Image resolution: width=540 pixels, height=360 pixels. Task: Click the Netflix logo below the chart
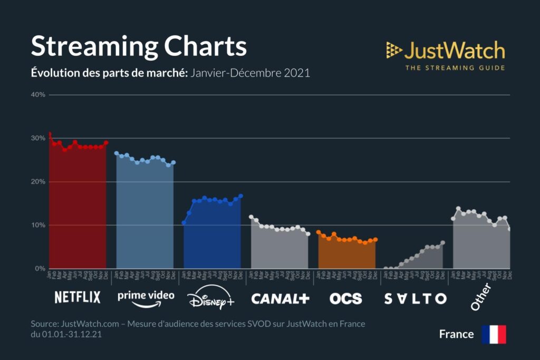[x=78, y=298]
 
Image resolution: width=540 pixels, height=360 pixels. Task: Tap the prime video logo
[x=146, y=298]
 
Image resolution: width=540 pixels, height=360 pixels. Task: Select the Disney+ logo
[x=211, y=299]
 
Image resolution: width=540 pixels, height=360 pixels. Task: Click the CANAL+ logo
[x=280, y=298]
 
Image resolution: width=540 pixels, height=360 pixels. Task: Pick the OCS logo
[x=346, y=298]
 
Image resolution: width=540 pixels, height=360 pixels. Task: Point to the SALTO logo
[x=416, y=298]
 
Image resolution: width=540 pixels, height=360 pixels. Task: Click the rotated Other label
[x=480, y=296]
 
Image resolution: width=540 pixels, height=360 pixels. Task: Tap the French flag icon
[x=494, y=334]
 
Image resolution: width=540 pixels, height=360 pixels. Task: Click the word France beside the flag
[x=456, y=334]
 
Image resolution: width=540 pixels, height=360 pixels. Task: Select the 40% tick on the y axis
[x=38, y=95]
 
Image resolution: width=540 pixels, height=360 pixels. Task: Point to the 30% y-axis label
[x=38, y=138]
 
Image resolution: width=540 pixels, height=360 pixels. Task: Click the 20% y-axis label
[x=38, y=182]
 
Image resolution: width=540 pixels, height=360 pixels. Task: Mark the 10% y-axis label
[x=38, y=225]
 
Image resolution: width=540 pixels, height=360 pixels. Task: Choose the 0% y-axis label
[x=40, y=269]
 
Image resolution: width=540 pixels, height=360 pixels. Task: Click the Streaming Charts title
[x=139, y=46]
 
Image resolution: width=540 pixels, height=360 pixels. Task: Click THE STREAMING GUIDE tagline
[x=455, y=67]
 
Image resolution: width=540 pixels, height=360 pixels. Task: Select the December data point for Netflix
[x=106, y=142]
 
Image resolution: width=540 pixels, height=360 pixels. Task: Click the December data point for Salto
[x=443, y=242]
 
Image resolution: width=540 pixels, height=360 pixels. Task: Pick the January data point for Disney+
[x=184, y=222]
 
